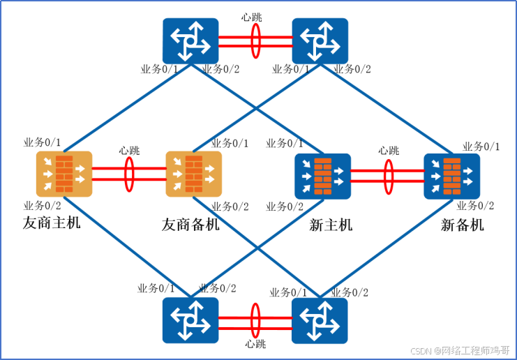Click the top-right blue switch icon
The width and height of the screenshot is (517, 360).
pos(320,40)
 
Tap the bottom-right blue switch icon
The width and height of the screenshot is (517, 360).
pos(320,319)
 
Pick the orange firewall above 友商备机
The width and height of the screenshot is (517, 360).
pos(193,174)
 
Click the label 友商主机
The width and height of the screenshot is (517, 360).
pos(52,223)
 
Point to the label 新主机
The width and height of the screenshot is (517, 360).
pos(331,225)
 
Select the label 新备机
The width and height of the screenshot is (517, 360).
pos(462,225)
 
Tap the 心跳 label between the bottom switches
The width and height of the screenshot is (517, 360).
pos(255,343)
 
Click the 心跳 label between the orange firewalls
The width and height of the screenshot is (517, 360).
pos(129,150)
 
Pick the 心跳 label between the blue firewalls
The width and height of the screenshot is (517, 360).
pos(389,150)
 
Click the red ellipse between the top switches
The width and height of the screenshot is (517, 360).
pos(255,40)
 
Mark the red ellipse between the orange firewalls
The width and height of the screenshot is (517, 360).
pos(129,174)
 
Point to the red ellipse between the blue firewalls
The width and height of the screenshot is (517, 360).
pos(388,174)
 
